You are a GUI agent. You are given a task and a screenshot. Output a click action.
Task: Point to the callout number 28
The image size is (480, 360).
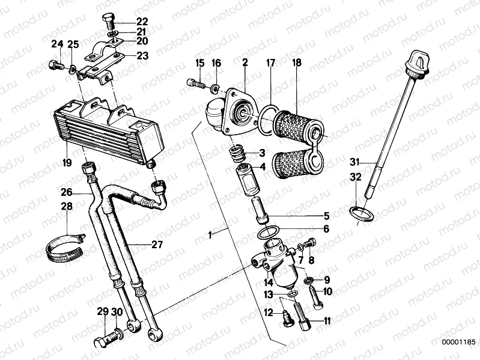pos(67,207)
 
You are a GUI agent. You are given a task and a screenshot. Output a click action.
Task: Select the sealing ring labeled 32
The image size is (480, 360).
pos(358,212)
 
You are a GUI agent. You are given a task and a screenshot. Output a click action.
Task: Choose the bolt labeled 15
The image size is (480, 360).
pos(193,84)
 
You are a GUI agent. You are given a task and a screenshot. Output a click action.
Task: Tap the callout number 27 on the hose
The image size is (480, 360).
pos(140,244)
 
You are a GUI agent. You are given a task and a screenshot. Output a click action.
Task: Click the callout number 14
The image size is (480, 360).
pos(269,282)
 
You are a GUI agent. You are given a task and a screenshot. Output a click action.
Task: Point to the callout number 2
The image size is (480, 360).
pos(245,63)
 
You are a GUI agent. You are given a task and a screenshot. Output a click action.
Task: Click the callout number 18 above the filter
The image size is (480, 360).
pos(297,63)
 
